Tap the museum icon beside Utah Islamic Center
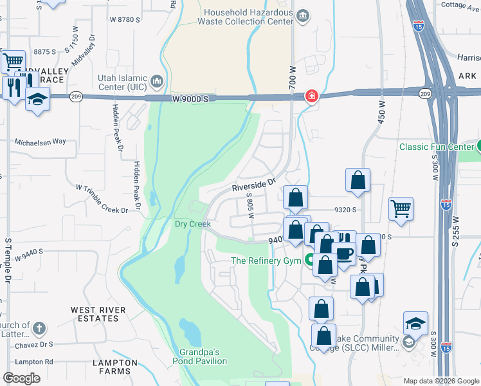point(157,82)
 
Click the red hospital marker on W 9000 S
point(311,96)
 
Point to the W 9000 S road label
point(191,98)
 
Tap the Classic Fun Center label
point(436,147)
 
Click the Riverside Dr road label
point(253,186)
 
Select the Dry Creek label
point(193,224)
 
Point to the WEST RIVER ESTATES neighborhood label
point(98,315)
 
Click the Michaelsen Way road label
point(41,142)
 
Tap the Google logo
point(21,378)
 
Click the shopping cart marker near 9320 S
point(401,208)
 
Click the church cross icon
point(39,329)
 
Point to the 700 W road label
point(293,78)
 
